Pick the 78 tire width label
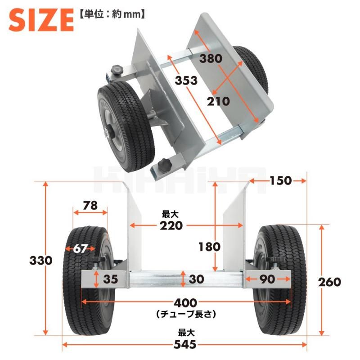click(x=90, y=205)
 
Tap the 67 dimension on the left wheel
click(x=81, y=248)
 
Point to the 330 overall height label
click(x=41, y=261)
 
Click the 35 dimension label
click(x=110, y=279)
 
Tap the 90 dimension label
click(x=268, y=279)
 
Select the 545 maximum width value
click(x=185, y=345)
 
